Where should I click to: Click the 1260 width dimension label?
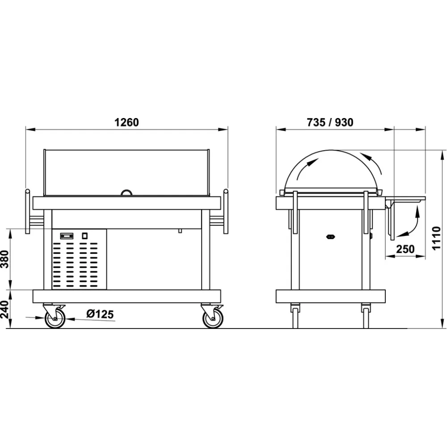pos(127,122)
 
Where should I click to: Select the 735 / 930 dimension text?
pos(330,122)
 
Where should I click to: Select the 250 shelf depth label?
pos(405,249)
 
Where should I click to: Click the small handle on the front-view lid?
pos(127,192)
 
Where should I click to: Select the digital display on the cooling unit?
pos(67,235)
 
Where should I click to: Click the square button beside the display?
pos(84,235)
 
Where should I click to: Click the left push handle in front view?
pos(28,212)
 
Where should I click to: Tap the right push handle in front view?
pos(226,212)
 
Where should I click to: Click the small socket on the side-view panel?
pos(331,237)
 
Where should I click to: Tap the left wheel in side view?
pos(295,316)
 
